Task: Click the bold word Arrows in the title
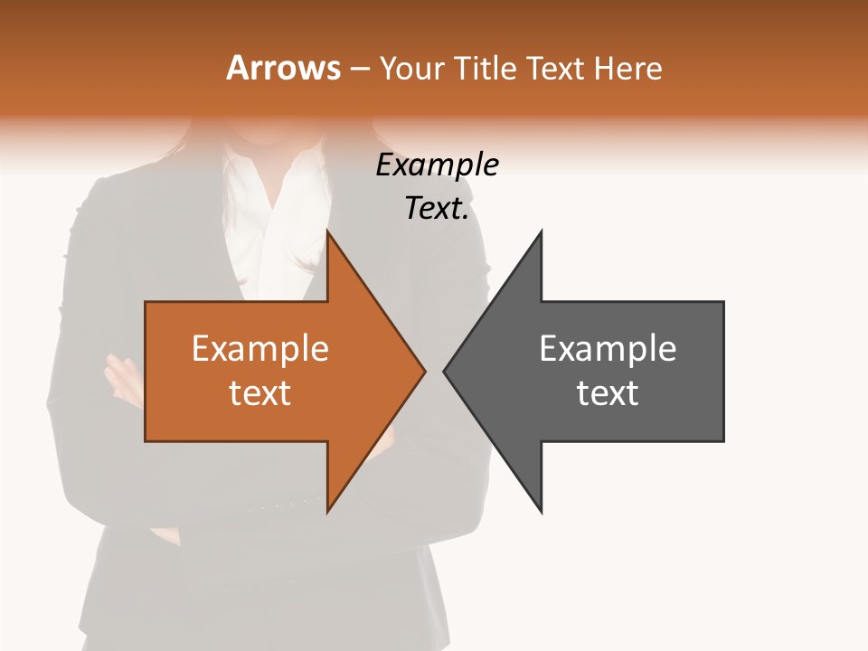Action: (x=283, y=68)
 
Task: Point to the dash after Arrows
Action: (x=358, y=69)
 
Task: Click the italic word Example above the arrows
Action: (x=437, y=165)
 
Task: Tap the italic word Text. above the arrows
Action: (x=437, y=209)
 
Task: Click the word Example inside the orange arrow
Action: (x=260, y=349)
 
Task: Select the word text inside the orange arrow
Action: (x=260, y=393)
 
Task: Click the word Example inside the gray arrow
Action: (x=608, y=349)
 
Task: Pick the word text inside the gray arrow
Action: (x=608, y=393)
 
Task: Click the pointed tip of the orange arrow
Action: (x=424, y=371)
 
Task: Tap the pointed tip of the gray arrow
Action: (x=444, y=371)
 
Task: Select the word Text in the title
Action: (x=557, y=68)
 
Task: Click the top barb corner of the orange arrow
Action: (x=328, y=231)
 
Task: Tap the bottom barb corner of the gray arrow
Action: (x=541, y=512)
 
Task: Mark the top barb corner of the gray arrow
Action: (x=541, y=231)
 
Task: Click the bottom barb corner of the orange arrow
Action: (x=328, y=512)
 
